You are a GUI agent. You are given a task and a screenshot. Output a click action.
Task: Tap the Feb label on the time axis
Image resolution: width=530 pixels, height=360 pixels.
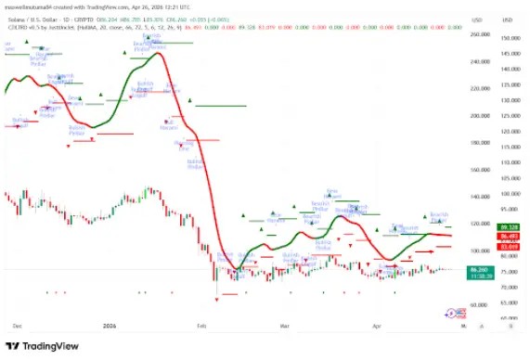202,327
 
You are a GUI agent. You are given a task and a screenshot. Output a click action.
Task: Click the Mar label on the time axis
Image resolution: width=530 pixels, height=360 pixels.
284,327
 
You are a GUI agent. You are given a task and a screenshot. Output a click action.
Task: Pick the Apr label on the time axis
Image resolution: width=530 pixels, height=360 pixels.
376,327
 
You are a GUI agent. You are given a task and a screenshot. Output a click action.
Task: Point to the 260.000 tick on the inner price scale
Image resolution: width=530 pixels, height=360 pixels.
480,35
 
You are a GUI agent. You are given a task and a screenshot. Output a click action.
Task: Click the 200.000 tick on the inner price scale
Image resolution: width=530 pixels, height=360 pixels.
480,116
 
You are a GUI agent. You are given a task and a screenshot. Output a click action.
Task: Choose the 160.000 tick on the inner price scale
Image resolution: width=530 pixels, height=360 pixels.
480,170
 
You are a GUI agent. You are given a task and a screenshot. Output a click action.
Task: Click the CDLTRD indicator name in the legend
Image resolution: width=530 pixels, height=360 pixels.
17,28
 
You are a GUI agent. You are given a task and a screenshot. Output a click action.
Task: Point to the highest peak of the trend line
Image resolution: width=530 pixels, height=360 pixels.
158,53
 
